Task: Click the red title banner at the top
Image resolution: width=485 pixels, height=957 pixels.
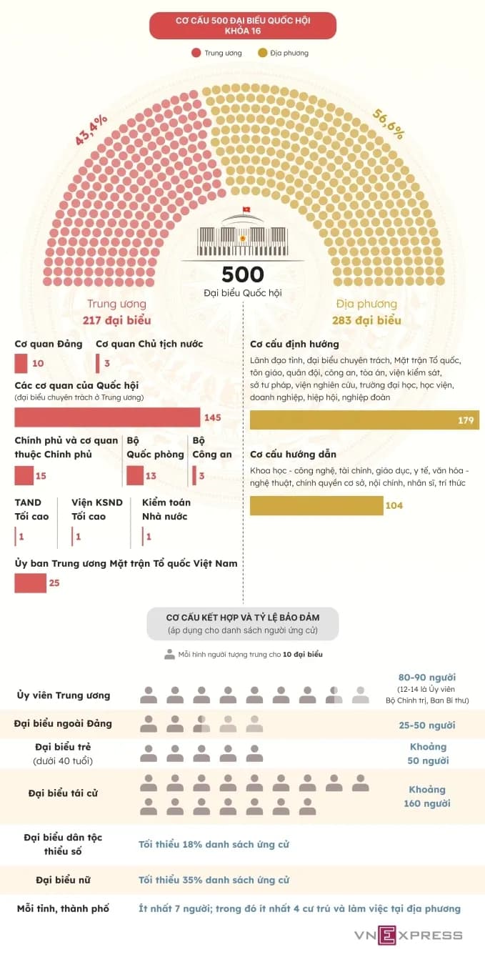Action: [242, 25]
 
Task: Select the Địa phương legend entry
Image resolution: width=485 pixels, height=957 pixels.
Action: [284, 53]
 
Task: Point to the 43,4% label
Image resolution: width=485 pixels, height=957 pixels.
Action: [92, 129]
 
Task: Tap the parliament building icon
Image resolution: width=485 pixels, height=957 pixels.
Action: [242, 235]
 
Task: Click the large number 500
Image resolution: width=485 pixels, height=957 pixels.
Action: [242, 274]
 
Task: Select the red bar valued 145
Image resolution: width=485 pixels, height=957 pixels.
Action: [107, 417]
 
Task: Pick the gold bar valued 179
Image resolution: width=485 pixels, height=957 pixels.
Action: [364, 420]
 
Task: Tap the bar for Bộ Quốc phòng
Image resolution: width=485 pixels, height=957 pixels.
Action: [135, 475]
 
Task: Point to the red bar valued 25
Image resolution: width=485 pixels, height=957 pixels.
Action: [30, 583]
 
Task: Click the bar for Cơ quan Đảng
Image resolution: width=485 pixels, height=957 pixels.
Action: [21, 363]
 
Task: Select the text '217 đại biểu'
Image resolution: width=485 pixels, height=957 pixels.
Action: [116, 320]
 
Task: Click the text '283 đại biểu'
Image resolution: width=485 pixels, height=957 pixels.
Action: [366, 320]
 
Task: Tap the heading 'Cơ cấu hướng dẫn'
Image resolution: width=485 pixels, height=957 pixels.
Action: [293, 455]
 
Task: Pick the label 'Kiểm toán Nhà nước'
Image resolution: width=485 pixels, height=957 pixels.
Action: [165, 510]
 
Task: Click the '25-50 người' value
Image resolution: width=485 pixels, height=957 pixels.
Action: [426, 725]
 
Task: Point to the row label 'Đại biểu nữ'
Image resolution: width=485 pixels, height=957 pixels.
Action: [63, 880]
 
